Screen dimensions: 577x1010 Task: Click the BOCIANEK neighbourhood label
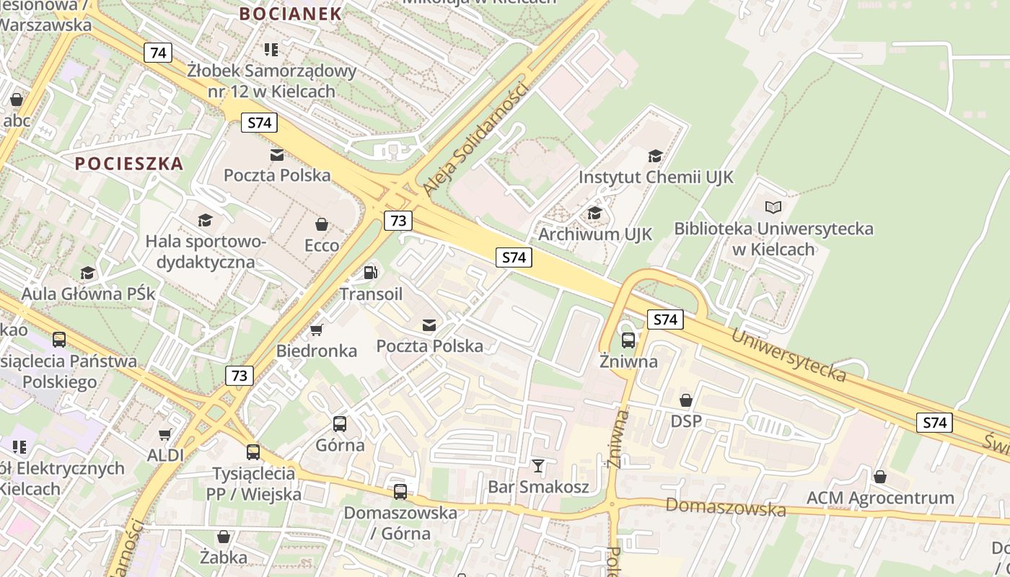(290, 14)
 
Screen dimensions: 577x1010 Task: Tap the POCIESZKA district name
(129, 164)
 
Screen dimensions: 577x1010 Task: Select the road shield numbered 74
(158, 53)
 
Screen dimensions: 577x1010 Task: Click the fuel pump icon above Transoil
(371, 272)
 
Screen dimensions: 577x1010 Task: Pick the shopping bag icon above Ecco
(322, 224)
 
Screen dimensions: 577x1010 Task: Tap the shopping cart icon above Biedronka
(316, 330)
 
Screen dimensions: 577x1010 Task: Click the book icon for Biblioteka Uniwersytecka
(773, 208)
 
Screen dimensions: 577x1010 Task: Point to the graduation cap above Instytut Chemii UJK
(655, 155)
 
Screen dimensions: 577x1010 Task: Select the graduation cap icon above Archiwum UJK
(594, 213)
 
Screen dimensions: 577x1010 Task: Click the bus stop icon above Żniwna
(628, 340)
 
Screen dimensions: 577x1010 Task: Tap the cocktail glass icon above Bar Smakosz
(537, 465)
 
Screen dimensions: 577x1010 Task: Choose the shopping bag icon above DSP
(686, 400)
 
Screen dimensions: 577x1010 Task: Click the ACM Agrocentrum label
(880, 498)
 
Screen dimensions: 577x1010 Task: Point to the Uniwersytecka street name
(789, 355)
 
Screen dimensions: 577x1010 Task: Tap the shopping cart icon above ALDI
(165, 434)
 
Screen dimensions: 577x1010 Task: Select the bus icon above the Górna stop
(340, 424)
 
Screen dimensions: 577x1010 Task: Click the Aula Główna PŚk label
(88, 294)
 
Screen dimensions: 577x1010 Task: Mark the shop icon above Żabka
(224, 537)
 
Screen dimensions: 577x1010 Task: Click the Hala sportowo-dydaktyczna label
(206, 251)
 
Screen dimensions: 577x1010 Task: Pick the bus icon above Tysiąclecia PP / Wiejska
(253, 452)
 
